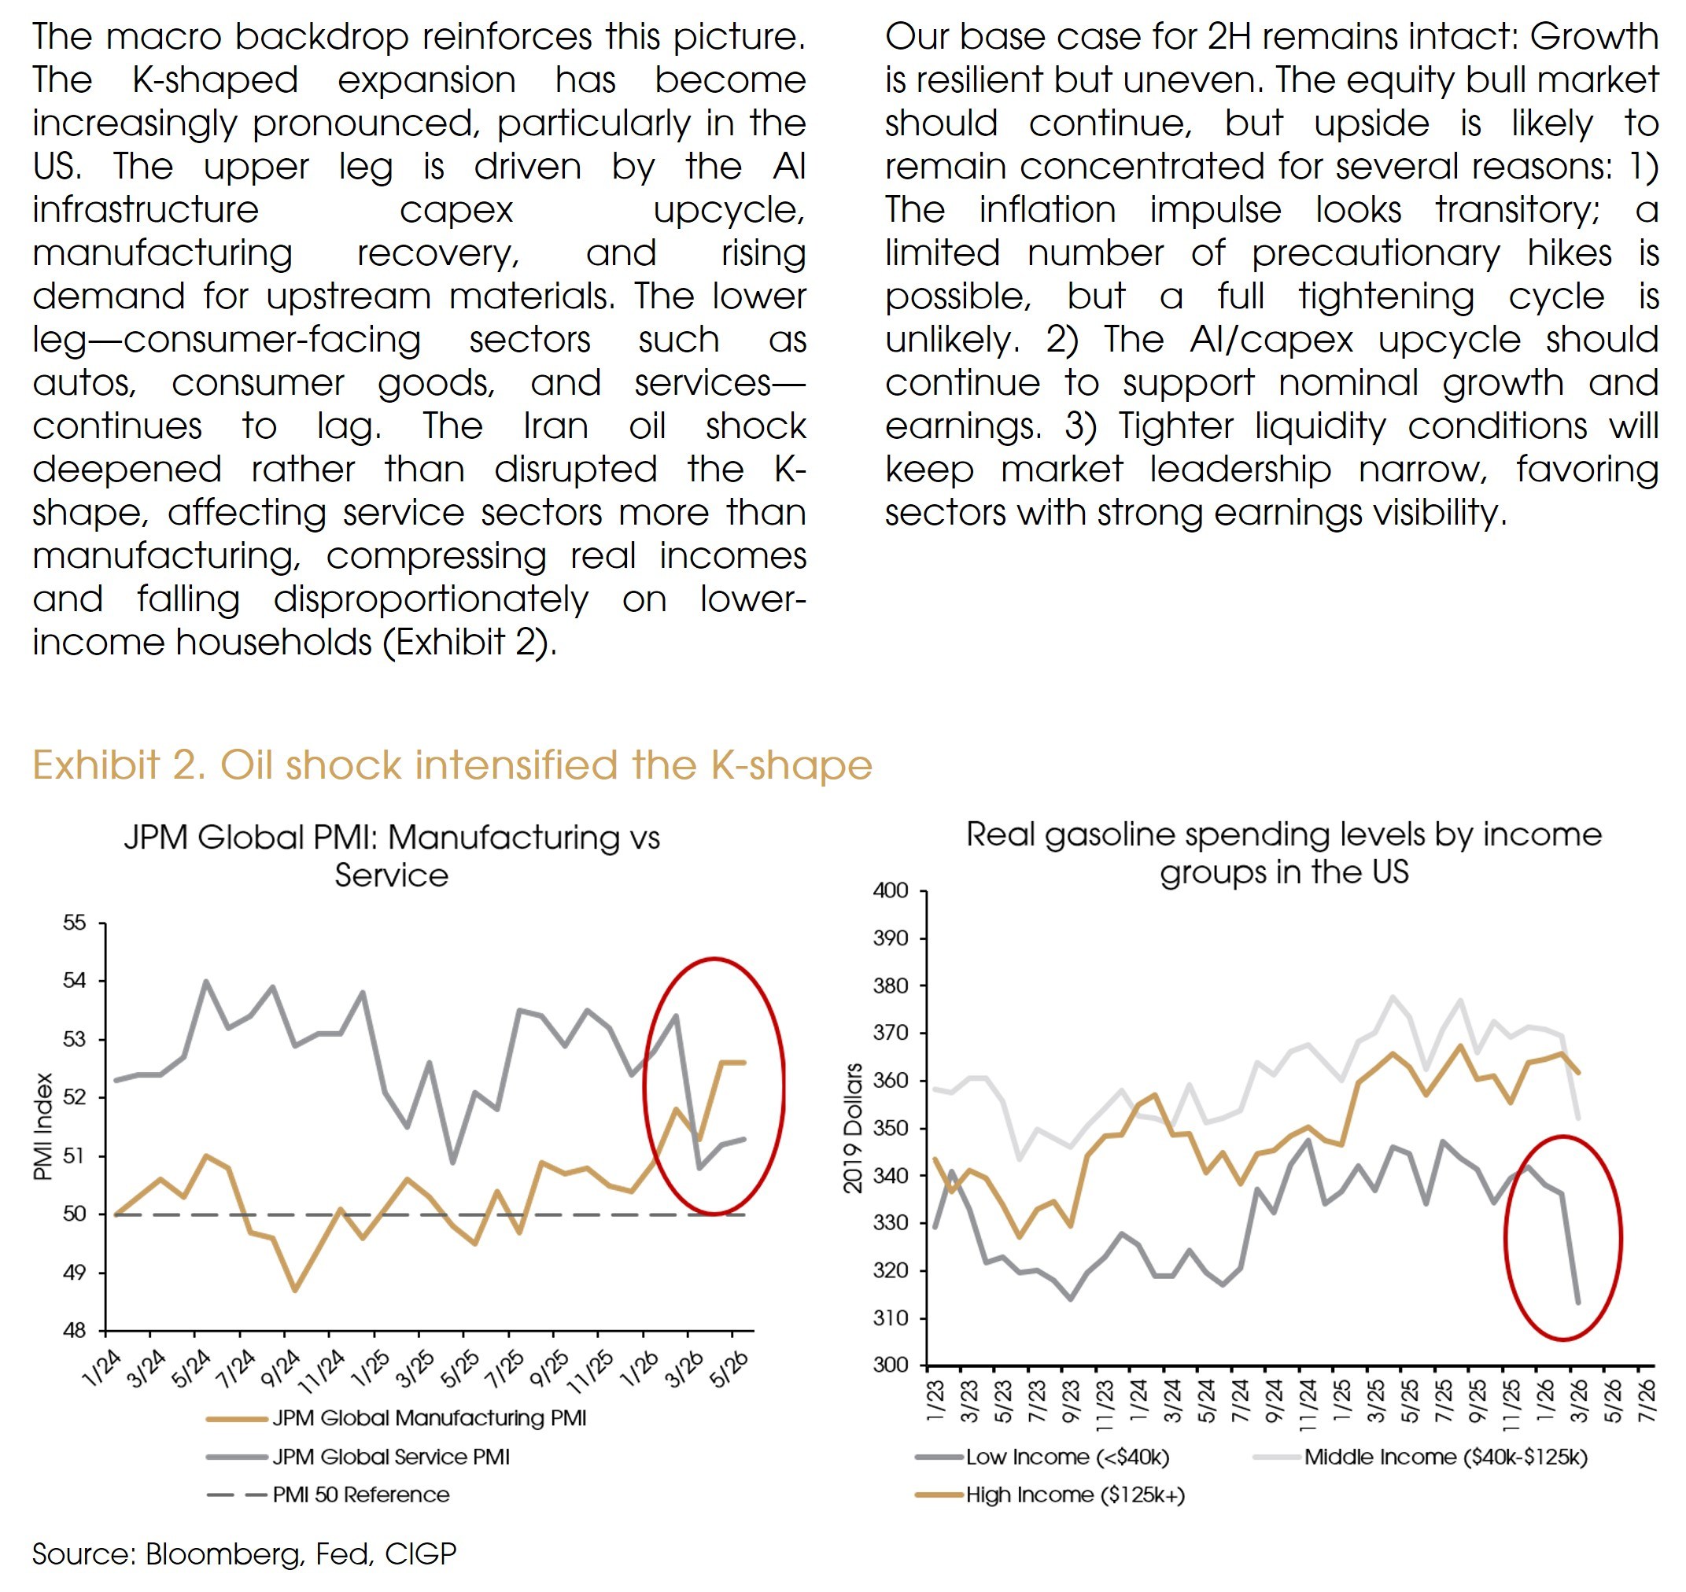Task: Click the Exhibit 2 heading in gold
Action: point(452,765)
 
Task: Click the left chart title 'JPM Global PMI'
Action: point(391,856)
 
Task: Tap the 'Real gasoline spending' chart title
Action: point(1284,852)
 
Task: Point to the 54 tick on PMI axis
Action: point(75,980)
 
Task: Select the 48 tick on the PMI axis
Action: point(75,1331)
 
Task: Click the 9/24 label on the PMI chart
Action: point(281,1369)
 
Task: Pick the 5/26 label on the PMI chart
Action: point(729,1369)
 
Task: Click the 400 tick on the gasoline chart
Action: point(891,890)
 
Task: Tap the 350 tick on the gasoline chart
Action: point(891,1128)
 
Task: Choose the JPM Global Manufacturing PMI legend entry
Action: point(397,1418)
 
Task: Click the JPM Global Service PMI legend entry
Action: point(358,1456)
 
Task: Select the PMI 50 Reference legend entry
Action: point(328,1494)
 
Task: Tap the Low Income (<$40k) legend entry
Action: point(1042,1457)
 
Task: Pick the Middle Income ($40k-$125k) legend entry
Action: point(1420,1457)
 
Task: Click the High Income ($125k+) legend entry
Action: point(1050,1494)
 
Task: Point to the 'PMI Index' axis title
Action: point(43,1126)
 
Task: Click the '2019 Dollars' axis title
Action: point(852,1128)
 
